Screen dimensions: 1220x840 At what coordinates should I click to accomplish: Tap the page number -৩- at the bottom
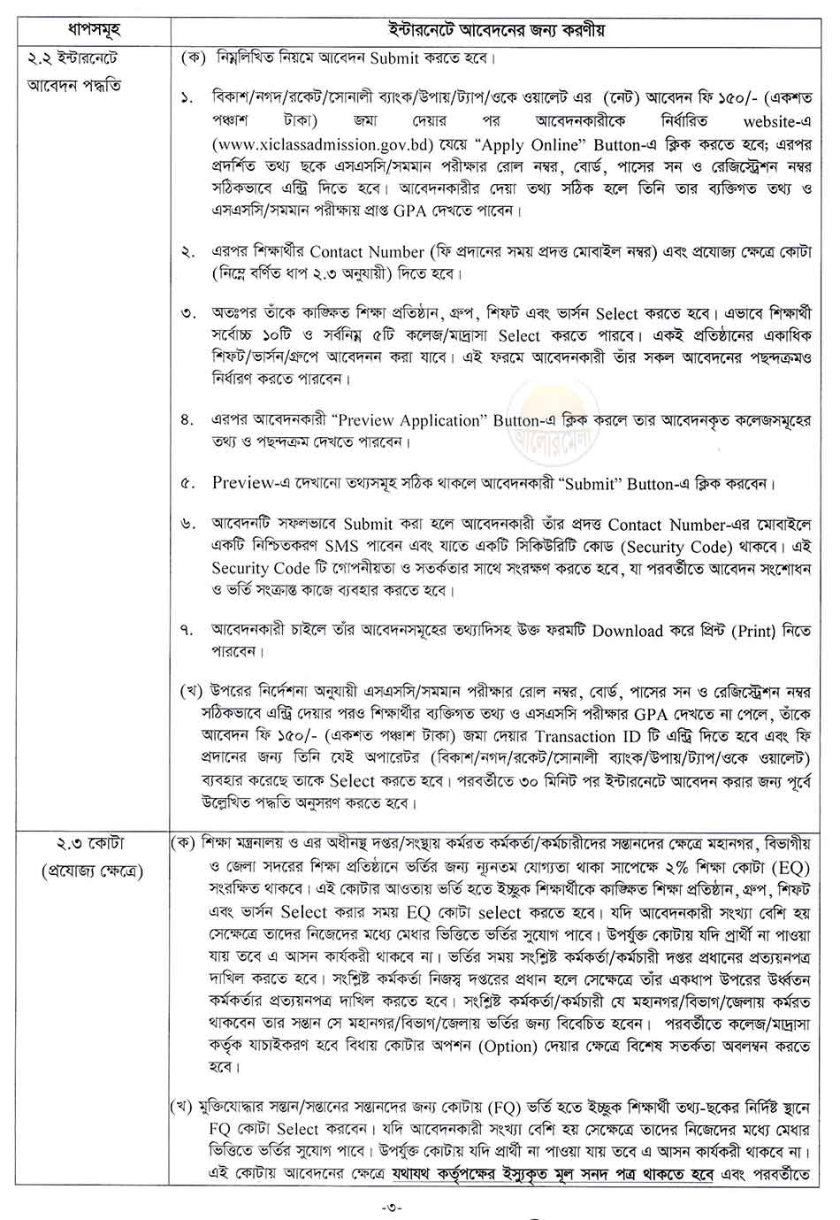point(419,1206)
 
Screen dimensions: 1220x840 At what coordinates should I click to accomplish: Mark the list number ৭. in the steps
point(187,632)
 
